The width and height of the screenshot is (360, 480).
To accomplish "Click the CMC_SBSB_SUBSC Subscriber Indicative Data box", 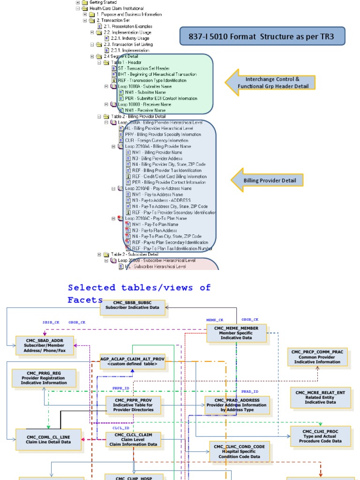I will [x=132, y=307].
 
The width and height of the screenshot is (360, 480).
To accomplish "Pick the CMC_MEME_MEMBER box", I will [x=236, y=334].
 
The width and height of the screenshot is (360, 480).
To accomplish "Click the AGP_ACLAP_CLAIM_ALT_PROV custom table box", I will [x=132, y=361].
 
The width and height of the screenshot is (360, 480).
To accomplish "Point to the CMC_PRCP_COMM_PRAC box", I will [x=317, y=356].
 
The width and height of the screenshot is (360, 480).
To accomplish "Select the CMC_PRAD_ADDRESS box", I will [x=237, y=405].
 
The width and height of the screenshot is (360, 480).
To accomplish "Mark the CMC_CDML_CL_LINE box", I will [x=42, y=439].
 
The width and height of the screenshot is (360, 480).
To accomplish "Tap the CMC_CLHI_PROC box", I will [x=320, y=435].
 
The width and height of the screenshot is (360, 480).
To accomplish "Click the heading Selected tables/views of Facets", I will [x=139, y=293].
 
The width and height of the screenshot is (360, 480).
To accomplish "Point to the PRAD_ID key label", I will [x=249, y=391].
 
